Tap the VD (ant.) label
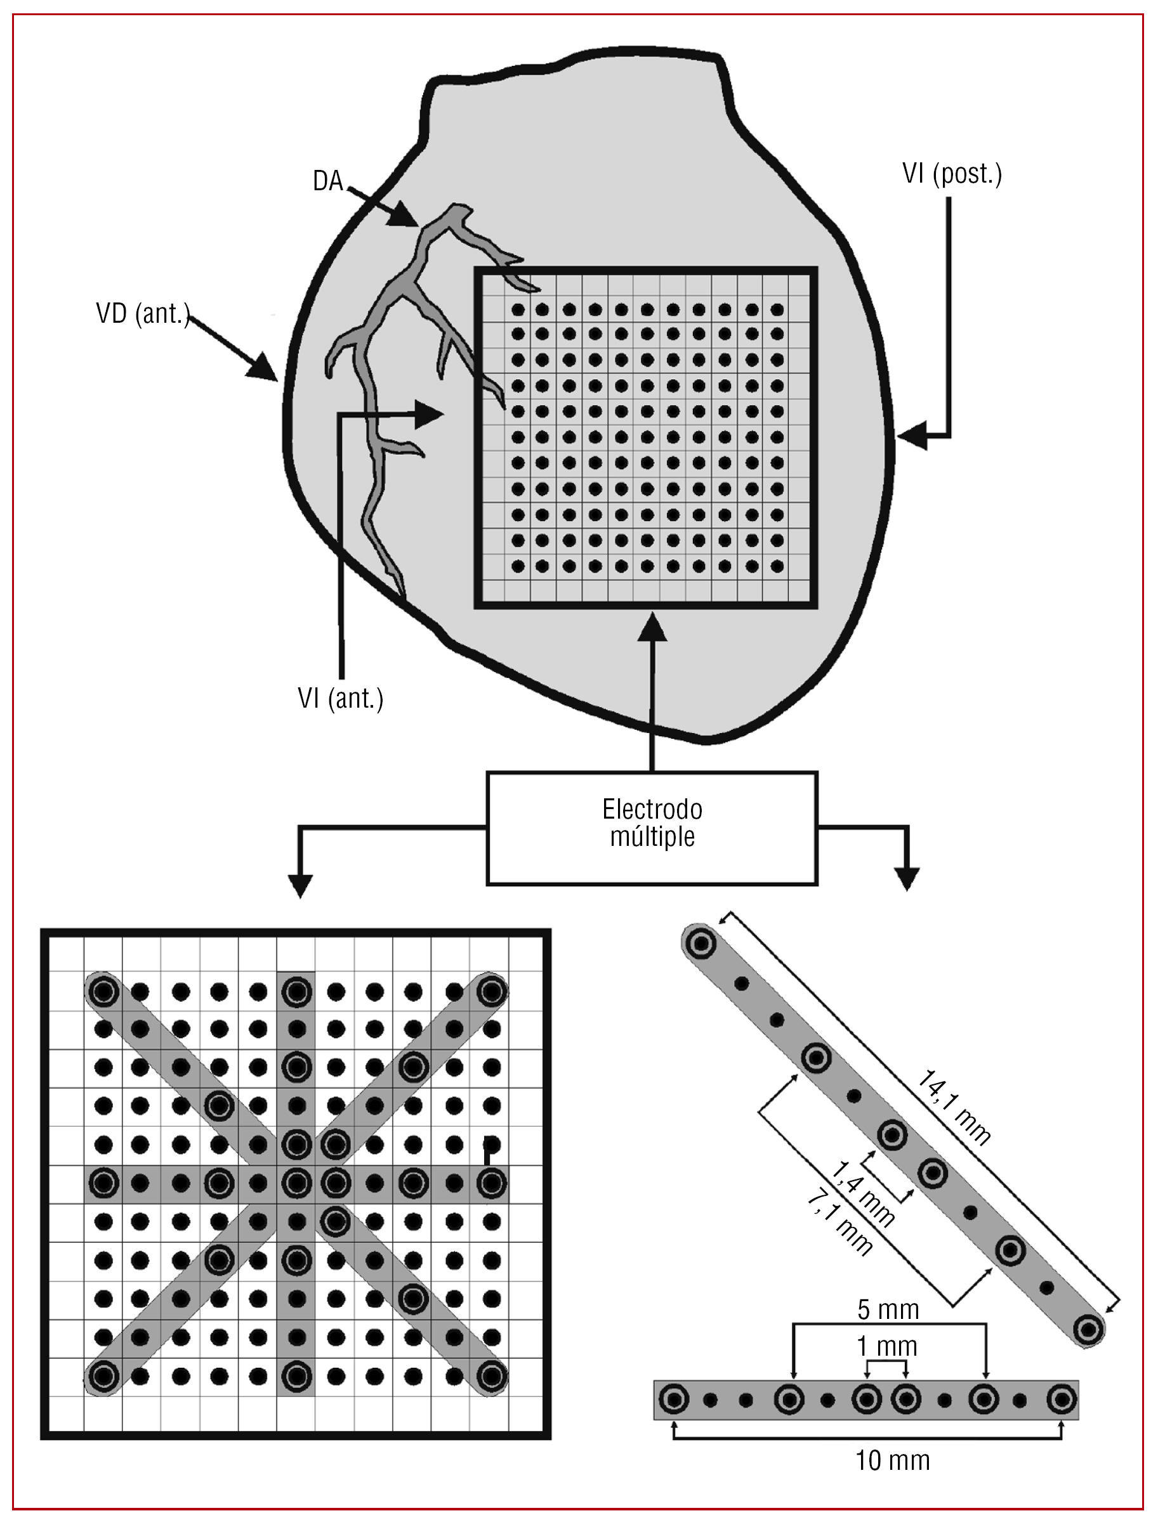(142, 314)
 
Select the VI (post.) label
(952, 174)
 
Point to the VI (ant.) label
(340, 698)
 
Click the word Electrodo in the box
(652, 809)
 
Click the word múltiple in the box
(652, 836)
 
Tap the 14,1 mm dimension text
(954, 1107)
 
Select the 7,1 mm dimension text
(839, 1223)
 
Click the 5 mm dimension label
(888, 1309)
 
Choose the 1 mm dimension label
(887, 1346)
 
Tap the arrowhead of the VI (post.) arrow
(911, 436)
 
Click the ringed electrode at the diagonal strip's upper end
(701, 942)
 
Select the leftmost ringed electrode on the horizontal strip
(673, 1400)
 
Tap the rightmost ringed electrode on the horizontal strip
(1062, 1400)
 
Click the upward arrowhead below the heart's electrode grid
(652, 626)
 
